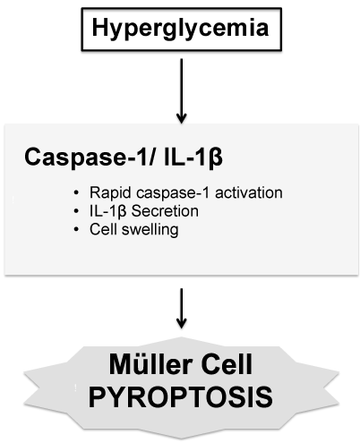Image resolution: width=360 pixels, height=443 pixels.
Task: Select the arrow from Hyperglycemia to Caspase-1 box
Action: tap(181, 90)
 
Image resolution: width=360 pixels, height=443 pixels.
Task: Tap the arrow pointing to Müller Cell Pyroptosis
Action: tap(181, 308)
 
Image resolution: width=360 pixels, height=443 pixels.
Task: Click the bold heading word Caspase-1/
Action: tap(90, 157)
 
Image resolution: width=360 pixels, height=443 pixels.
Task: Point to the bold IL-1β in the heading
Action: tap(193, 158)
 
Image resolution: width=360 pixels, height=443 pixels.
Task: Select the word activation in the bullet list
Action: tap(249, 192)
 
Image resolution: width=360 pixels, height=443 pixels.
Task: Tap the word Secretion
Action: tap(165, 211)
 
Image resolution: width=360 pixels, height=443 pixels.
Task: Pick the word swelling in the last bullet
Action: tap(150, 230)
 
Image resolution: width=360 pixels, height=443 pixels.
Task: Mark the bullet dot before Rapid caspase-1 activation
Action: tap(76, 193)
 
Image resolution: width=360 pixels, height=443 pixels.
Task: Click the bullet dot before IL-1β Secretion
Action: tap(76, 211)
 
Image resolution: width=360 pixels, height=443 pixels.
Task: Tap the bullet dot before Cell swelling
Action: tap(76, 230)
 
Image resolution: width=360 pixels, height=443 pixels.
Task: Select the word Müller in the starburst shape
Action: tap(150, 364)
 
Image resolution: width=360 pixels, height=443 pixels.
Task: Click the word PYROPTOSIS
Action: tap(181, 397)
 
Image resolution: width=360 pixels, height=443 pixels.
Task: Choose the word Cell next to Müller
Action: tap(227, 364)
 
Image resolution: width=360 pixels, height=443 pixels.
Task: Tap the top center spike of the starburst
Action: tap(181, 338)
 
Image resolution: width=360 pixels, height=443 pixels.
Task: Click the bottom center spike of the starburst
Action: tap(181, 438)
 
